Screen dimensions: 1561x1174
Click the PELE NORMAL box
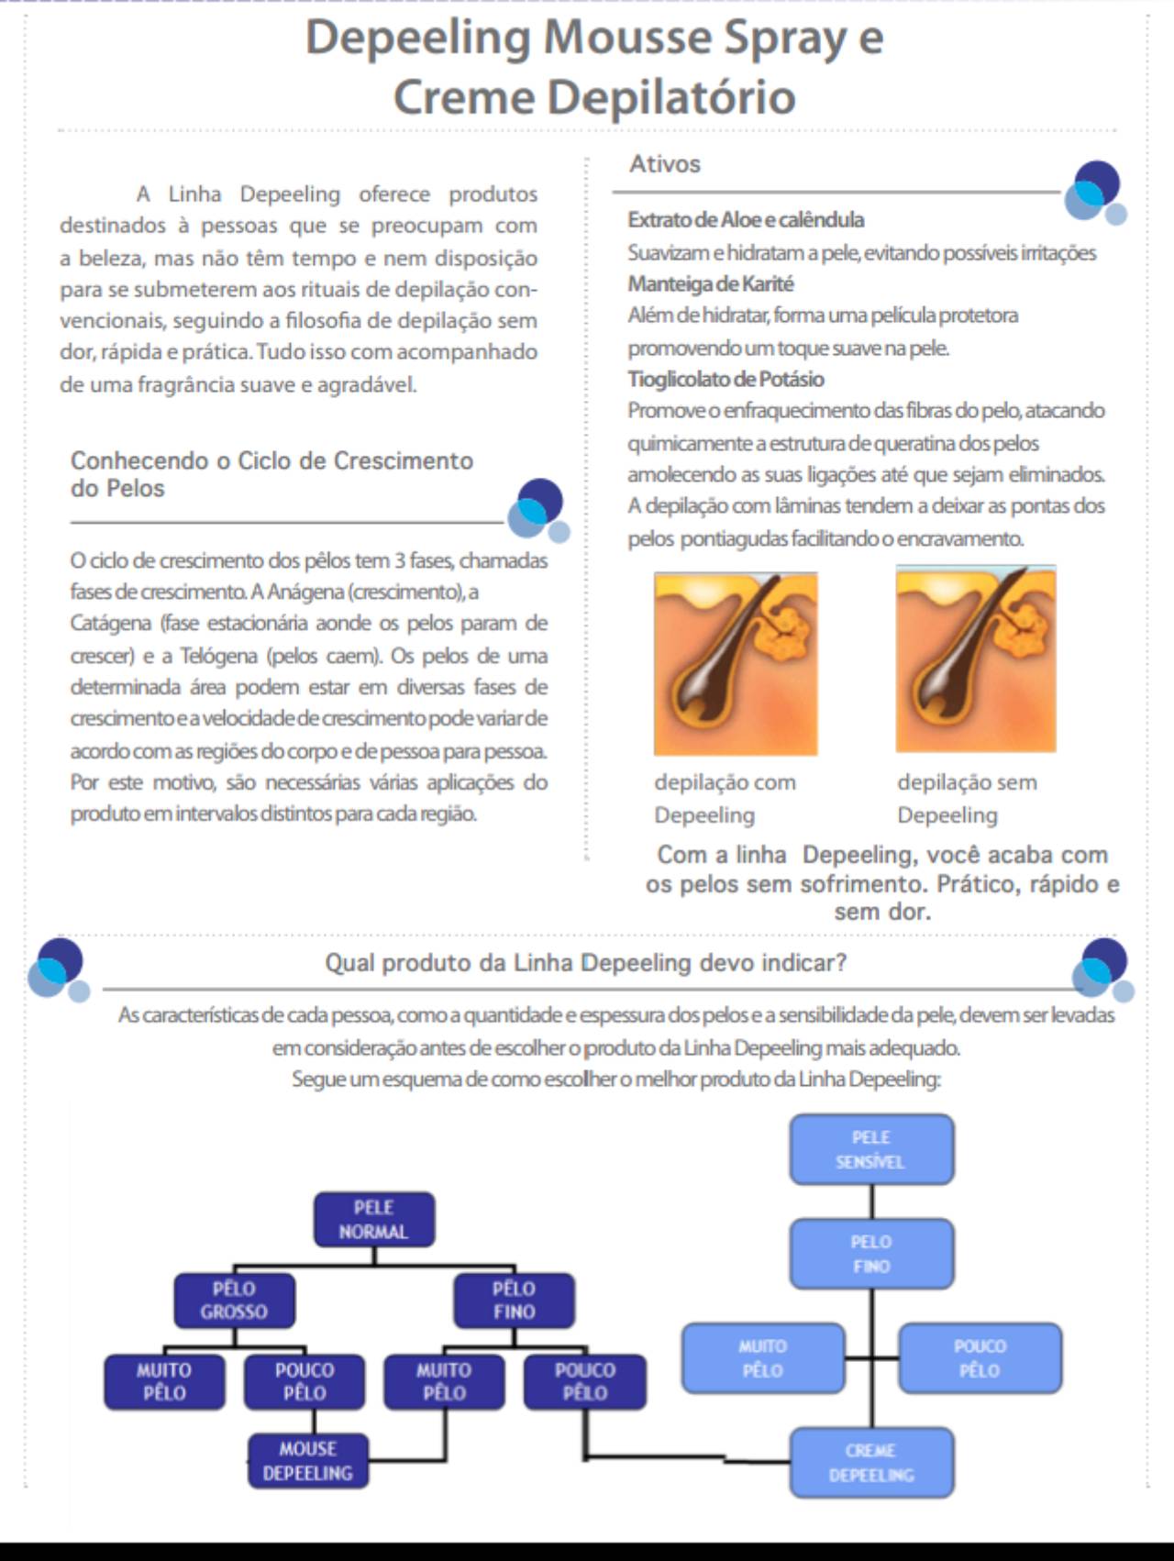(374, 1220)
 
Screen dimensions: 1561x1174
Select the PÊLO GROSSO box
(235, 1301)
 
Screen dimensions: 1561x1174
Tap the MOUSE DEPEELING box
(308, 1461)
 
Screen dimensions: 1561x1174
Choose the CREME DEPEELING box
(871, 1463)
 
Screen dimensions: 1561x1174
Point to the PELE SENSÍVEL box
(871, 1149)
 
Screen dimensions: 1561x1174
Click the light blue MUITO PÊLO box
(763, 1358)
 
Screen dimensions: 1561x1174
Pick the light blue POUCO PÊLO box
(980, 1358)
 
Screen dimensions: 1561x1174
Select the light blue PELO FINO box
(871, 1254)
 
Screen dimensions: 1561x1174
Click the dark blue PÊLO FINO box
(514, 1301)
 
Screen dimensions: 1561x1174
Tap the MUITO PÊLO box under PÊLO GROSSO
(164, 1381)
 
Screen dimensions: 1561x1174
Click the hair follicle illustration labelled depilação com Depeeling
(736, 662)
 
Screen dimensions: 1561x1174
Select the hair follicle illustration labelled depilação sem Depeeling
(976, 659)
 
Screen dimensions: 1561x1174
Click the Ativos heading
(665, 164)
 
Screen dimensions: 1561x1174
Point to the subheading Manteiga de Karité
(711, 283)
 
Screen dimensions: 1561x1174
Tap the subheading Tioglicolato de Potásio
(725, 379)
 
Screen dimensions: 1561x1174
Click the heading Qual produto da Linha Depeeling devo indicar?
(586, 963)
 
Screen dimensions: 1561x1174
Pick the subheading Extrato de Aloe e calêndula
(746, 220)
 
